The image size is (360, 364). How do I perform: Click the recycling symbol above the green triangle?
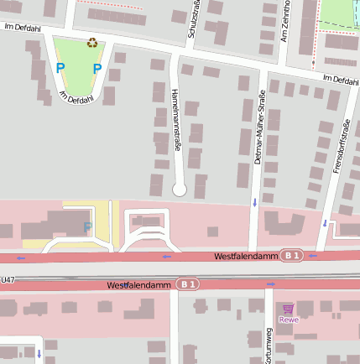pos(91,42)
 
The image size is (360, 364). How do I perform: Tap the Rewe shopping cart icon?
pos(289,309)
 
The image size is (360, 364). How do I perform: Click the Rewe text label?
pos(289,320)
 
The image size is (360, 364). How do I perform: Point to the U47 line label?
pos(7,279)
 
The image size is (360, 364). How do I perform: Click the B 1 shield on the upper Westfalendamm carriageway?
pos(291,255)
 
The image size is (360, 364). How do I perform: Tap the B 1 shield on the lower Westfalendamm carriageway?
pos(187,285)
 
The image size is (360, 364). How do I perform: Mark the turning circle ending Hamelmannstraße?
pos(179,190)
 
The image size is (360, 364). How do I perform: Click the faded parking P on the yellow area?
pos(86,227)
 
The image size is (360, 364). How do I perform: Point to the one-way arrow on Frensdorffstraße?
pos(325,222)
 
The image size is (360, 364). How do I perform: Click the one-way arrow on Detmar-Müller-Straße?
pos(254,202)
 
